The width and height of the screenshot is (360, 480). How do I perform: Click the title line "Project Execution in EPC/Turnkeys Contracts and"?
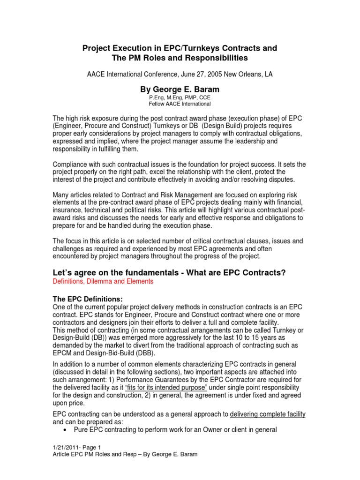[180, 48]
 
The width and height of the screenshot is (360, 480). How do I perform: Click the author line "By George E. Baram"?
[180, 90]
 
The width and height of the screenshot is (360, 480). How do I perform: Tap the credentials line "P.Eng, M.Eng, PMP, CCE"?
[180, 97]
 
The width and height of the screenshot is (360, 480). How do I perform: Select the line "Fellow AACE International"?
[180, 104]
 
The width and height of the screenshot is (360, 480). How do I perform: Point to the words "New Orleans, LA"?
[250, 74]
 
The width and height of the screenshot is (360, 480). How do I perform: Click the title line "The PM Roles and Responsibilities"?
[180, 59]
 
